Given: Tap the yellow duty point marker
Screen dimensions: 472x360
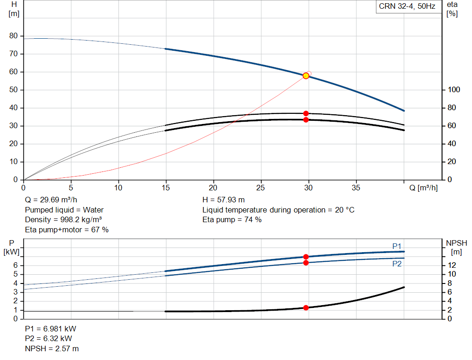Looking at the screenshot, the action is [306, 76].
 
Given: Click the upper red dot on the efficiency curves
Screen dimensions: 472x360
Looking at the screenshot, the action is [306, 113].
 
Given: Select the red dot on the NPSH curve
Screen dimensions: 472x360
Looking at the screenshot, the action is [306, 307].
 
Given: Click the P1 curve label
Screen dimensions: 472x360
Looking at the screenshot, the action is [397, 246].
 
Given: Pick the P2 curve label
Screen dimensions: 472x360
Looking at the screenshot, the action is [397, 264].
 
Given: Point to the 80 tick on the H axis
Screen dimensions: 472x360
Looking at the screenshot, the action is [13, 36].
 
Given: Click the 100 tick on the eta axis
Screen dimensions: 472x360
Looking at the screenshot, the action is [454, 90].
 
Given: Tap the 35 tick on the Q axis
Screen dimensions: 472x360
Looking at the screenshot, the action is [356, 188].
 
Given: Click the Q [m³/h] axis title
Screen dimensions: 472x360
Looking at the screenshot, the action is [424, 188].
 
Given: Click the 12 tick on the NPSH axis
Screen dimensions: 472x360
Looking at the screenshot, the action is [452, 265].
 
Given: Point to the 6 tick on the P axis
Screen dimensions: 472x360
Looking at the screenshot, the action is [15, 265].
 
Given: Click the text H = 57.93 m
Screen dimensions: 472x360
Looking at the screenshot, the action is [224, 200].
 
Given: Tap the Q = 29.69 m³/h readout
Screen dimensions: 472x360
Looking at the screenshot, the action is [51, 200].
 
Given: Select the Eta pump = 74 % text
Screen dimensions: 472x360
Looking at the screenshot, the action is [232, 220].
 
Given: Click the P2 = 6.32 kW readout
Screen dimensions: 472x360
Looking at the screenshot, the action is [48, 339].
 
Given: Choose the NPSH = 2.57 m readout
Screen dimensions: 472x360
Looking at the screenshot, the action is [52, 348].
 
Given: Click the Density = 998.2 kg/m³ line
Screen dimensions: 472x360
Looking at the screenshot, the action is [63, 220].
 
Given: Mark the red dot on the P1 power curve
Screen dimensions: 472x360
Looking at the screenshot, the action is [306, 257].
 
